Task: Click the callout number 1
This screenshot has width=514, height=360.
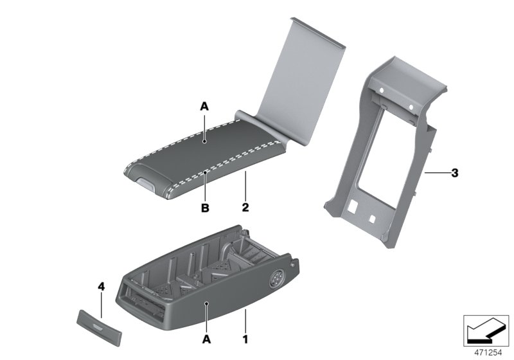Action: click(245, 336)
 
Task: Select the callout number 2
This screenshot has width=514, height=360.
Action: click(245, 208)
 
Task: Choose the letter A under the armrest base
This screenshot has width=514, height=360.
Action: click(206, 336)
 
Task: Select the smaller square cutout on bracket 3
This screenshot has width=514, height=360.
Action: click(372, 217)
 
